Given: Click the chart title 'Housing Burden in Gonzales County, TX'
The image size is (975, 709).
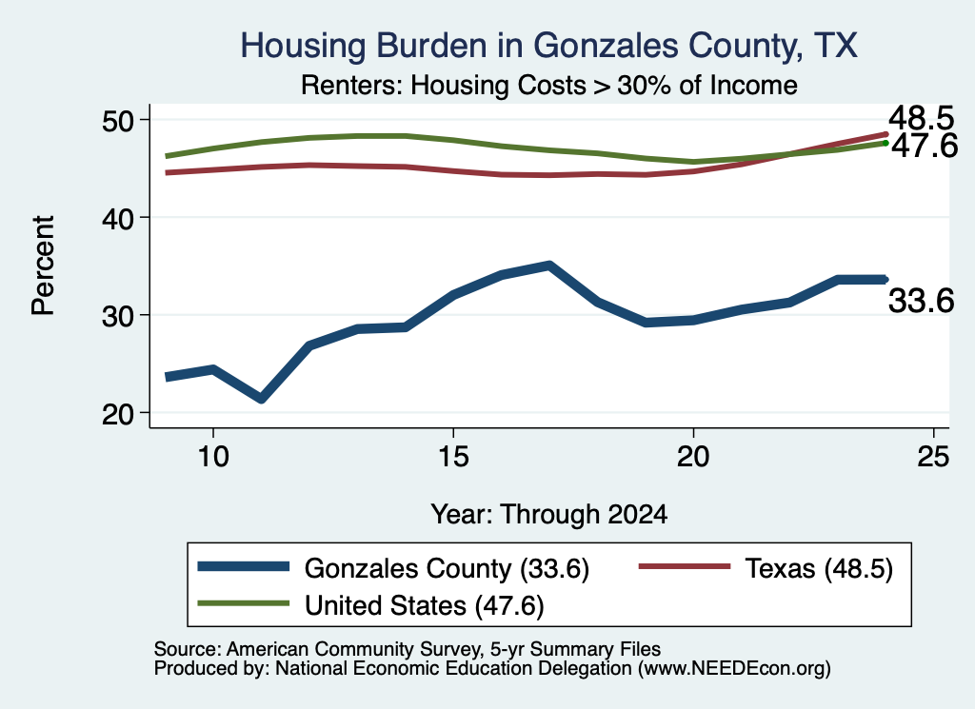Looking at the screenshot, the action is click(x=548, y=46).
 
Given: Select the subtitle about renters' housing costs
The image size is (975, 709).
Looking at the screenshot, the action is click(x=549, y=85).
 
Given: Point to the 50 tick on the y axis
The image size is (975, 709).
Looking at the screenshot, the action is click(x=118, y=120).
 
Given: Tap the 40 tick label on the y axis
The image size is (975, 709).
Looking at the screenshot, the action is click(x=118, y=218).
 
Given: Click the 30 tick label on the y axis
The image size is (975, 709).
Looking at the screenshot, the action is click(x=118, y=315).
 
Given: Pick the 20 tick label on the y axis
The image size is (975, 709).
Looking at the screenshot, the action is click(x=118, y=413).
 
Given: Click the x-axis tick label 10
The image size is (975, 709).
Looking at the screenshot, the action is click(x=213, y=457).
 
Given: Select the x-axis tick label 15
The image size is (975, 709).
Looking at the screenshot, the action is click(x=453, y=457).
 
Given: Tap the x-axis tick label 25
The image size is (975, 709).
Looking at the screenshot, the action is click(x=933, y=457).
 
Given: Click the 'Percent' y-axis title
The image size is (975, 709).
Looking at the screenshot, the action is click(x=43, y=266).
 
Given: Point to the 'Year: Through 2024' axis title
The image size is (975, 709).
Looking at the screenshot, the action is click(x=549, y=515).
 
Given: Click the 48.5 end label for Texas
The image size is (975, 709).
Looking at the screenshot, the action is click(x=921, y=117).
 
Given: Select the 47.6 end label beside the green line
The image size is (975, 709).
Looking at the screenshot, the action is click(x=925, y=146).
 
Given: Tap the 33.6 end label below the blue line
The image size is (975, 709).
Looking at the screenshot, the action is click(x=921, y=301).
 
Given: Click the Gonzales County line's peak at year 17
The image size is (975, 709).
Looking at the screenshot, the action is click(x=549, y=266).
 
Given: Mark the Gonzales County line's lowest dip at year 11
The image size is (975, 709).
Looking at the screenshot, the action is click(x=261, y=399).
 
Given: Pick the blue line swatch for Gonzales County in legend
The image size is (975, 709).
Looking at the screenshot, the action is click(x=243, y=566).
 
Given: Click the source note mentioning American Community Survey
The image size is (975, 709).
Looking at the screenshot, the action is click(x=408, y=649).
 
